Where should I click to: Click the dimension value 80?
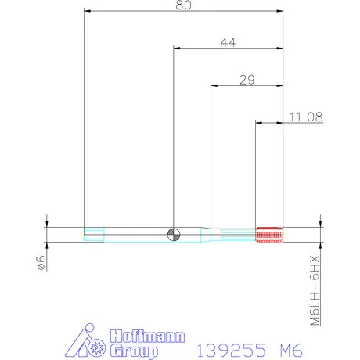(x=183, y=5)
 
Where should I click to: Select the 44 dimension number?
(x=228, y=43)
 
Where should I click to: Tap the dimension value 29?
(x=247, y=80)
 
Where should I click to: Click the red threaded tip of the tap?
(x=268, y=232)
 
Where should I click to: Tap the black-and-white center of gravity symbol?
(x=173, y=232)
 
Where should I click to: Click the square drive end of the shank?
(x=92, y=232)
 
